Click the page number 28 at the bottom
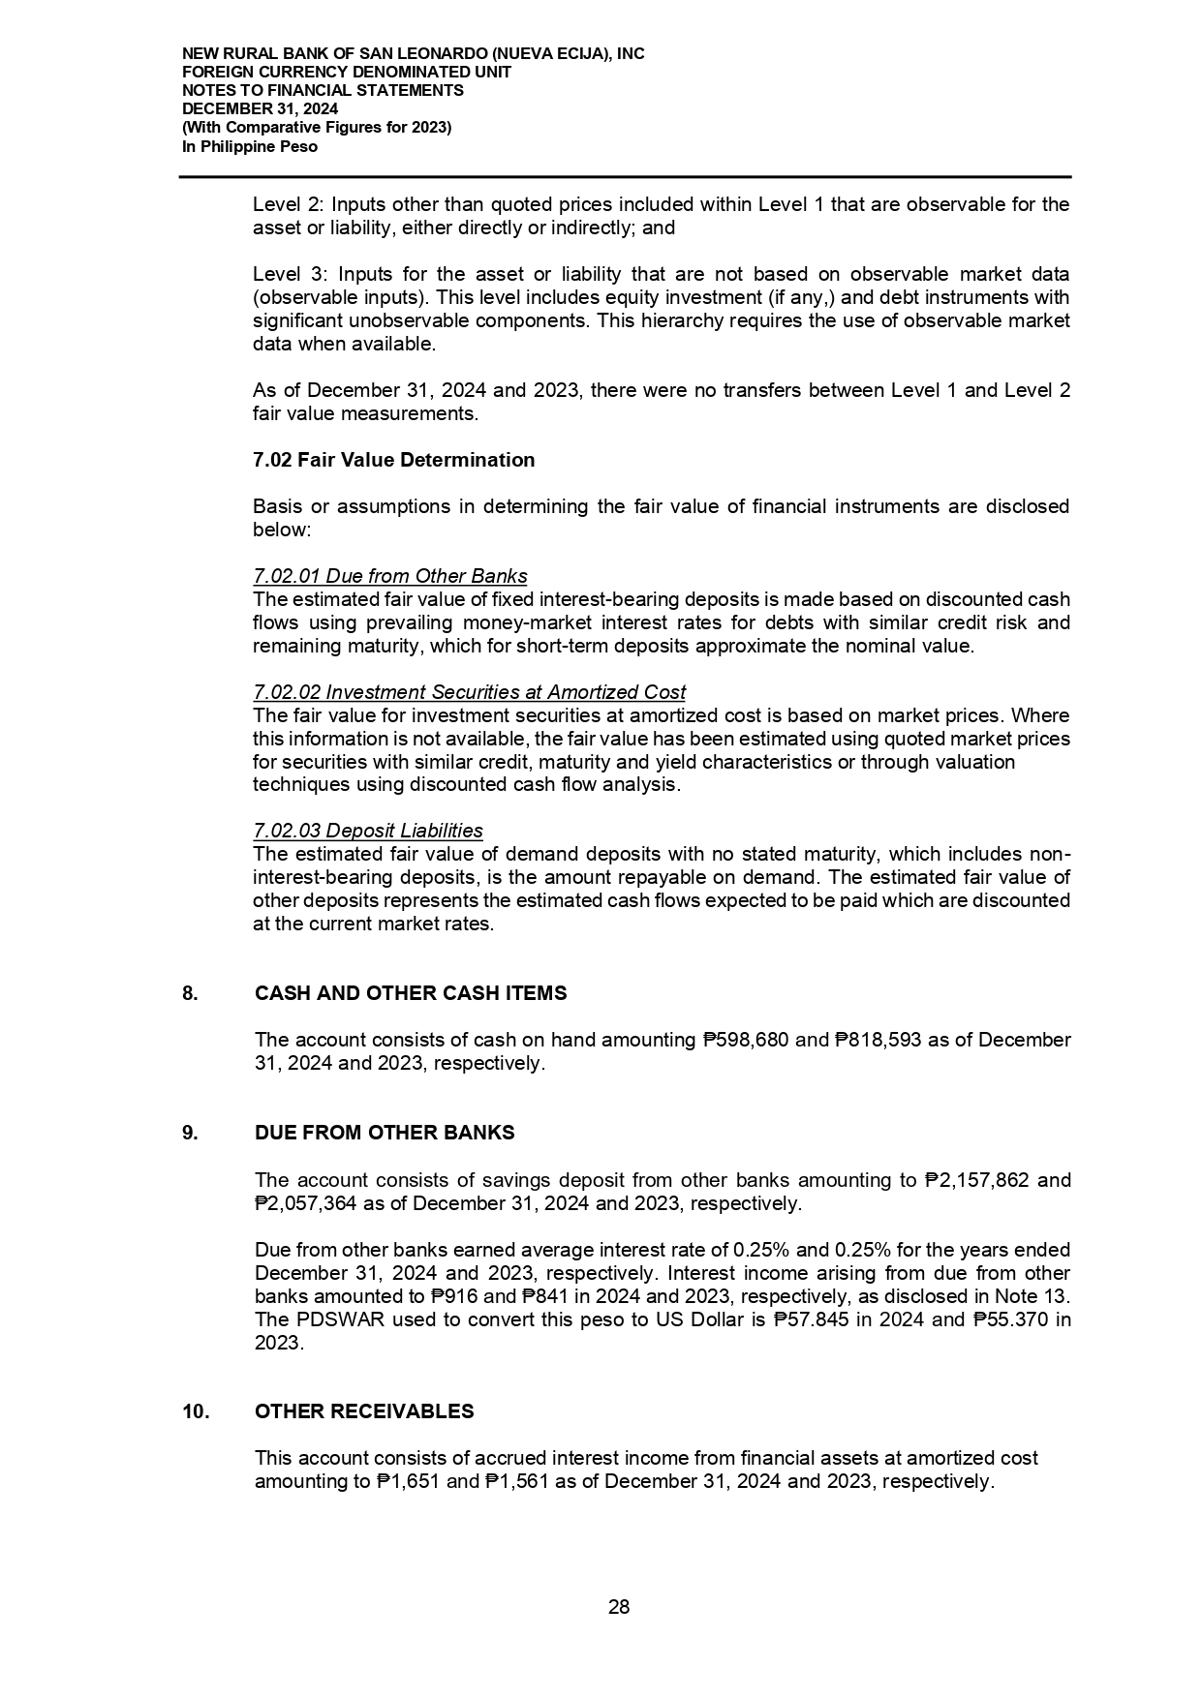[618, 1608]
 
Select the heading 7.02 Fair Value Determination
[393, 460]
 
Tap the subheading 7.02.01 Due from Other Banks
[389, 576]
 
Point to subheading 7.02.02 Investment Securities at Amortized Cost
[469, 692]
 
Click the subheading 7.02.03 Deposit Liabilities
[367, 831]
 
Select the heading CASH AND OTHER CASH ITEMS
[411, 993]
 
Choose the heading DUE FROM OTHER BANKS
[385, 1133]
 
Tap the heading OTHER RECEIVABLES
[364, 1411]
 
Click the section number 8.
[190, 993]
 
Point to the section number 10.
[195, 1411]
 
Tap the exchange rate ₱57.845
[815, 1319]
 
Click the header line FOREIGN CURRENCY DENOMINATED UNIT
[347, 73]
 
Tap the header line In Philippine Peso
[250, 147]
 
